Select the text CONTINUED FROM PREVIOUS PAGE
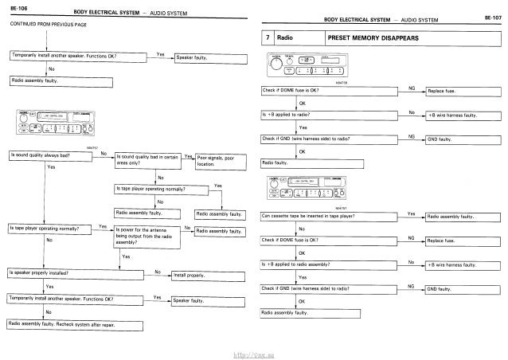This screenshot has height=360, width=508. point(47,31)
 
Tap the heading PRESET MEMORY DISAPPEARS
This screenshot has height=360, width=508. point(360,38)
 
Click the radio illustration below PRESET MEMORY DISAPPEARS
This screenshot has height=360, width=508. point(303,63)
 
